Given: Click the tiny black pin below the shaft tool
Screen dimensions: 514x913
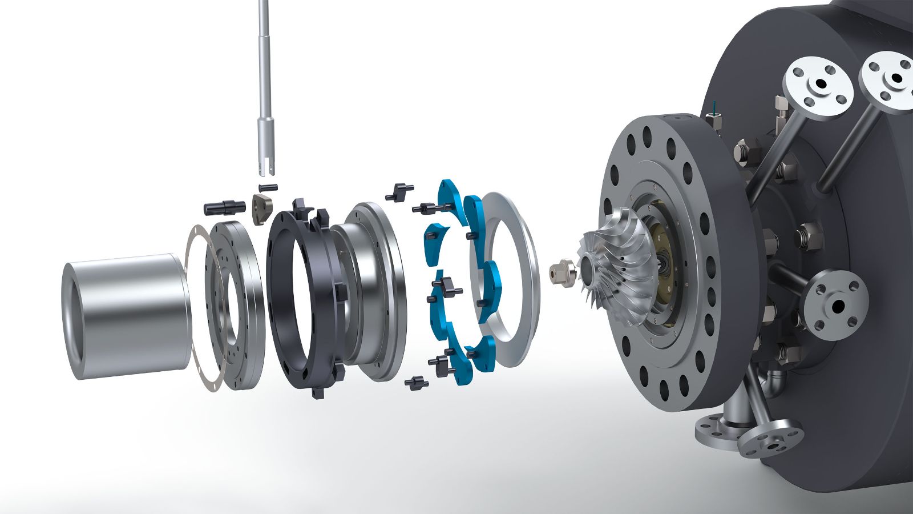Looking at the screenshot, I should click(x=268, y=187).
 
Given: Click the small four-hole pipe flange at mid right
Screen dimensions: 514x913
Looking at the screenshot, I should click(x=836, y=306).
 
